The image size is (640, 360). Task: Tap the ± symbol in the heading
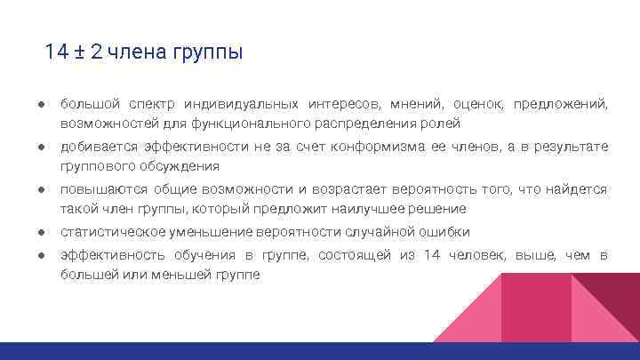pos(80,52)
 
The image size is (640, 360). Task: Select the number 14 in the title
pos(56,52)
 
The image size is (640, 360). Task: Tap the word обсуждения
pos(176,165)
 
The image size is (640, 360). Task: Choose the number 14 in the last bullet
pos(432,256)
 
